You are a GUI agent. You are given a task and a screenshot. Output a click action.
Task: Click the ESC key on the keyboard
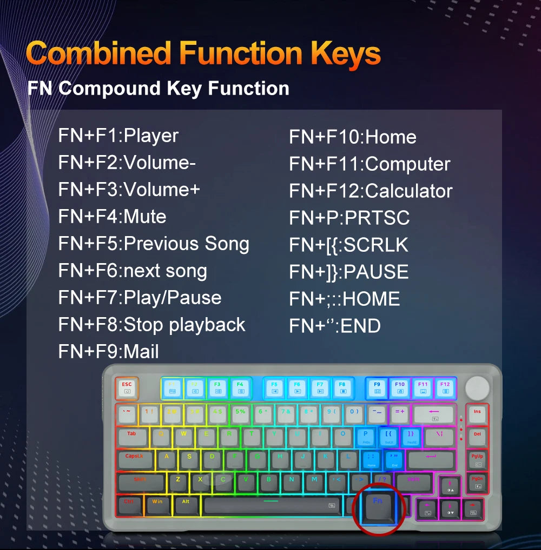click(x=127, y=386)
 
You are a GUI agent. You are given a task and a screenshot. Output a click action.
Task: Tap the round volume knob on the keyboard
click(x=477, y=387)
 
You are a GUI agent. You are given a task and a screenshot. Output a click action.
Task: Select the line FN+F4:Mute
click(x=112, y=217)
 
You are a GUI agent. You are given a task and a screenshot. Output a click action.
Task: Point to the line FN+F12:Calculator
click(x=371, y=191)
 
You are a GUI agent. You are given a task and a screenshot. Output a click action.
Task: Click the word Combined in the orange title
click(x=99, y=53)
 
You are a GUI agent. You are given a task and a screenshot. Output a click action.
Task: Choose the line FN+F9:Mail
click(x=108, y=352)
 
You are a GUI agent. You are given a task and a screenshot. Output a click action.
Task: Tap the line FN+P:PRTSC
click(x=349, y=218)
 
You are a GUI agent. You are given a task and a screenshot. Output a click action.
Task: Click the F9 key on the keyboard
click(x=377, y=387)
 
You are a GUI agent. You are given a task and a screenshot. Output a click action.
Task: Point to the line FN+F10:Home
click(x=352, y=137)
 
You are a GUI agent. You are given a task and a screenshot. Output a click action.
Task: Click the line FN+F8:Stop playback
click(x=151, y=325)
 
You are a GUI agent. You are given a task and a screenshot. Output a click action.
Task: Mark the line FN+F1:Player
click(x=118, y=136)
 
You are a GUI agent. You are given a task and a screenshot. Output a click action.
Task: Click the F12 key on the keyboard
click(x=445, y=387)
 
